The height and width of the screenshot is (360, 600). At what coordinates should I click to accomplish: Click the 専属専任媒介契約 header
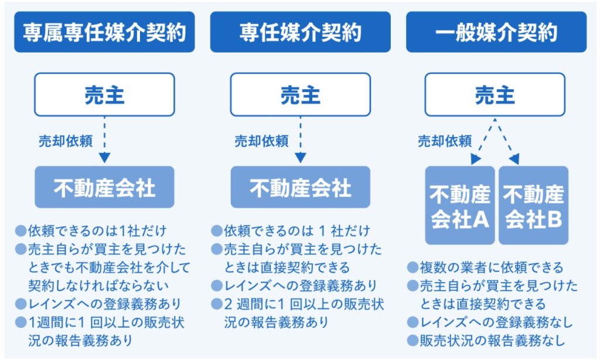104,32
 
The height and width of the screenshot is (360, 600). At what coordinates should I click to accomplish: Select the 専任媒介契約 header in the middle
301,32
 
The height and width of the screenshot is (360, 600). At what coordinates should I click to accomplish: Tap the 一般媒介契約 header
496,32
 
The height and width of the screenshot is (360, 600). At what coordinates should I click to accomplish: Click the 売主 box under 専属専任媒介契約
104,94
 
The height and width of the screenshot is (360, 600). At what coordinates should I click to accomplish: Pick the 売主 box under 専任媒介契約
301,94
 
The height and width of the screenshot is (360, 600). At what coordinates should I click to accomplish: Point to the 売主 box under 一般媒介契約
495,94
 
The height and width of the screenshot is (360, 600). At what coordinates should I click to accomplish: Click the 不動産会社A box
460,205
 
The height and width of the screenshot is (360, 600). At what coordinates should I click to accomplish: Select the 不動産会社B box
533,205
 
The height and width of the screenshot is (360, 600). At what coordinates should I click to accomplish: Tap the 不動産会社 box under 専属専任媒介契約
104,187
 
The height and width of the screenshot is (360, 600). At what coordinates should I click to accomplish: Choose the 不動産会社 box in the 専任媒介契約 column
301,187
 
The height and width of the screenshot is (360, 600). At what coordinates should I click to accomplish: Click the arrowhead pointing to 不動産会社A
475,159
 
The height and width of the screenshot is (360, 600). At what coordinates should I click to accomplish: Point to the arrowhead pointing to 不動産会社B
514,159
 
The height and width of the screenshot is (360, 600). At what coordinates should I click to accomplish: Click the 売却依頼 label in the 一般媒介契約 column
445,141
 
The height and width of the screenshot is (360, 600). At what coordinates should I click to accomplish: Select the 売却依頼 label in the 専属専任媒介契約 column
66,141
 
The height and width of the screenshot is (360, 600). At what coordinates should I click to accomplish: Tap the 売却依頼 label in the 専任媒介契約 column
261,141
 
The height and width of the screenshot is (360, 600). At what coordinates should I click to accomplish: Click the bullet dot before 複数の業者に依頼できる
412,267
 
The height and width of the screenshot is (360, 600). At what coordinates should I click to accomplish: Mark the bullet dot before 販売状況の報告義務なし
412,341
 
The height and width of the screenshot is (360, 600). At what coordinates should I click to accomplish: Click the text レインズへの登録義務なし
496,322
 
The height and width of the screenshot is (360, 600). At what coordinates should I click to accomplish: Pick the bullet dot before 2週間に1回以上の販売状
217,304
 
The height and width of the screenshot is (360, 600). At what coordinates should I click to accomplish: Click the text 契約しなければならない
98,286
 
